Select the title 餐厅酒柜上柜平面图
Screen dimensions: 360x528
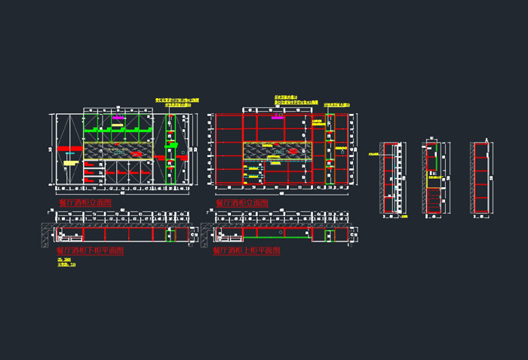tap(247, 250)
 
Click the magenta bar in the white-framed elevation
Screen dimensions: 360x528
tap(118, 118)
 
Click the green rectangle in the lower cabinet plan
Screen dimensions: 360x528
tap(170, 236)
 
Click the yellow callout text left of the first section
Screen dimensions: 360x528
tap(373, 155)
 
